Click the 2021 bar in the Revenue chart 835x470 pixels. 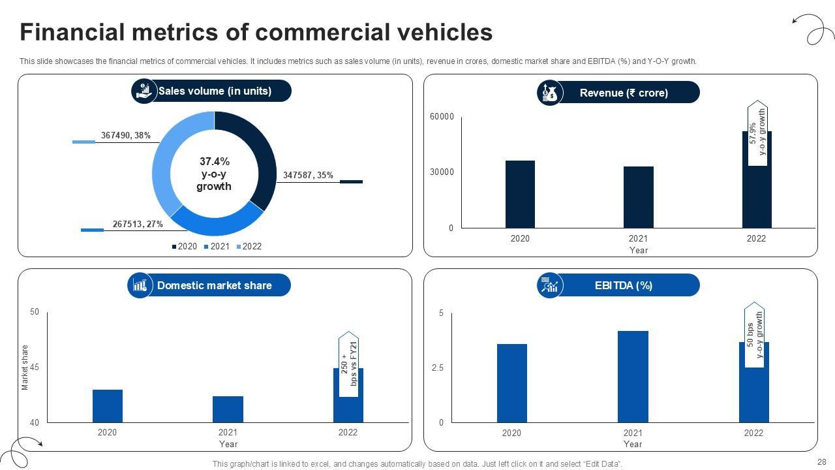click(638, 197)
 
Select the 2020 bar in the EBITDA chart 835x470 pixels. click(511, 383)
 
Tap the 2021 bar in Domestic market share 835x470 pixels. click(228, 409)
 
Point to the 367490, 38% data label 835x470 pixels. click(126, 136)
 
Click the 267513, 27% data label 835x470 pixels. click(138, 224)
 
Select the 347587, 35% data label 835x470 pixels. click(308, 175)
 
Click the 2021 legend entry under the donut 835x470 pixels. click(217, 246)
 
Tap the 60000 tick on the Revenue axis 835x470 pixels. click(442, 117)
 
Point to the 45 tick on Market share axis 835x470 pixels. click(35, 368)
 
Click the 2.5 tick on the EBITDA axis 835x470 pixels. click(437, 368)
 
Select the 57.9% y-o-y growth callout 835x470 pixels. click(757, 133)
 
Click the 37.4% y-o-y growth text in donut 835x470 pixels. click(214, 174)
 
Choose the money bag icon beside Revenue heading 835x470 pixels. click(549, 93)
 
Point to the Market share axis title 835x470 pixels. click(25, 368)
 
